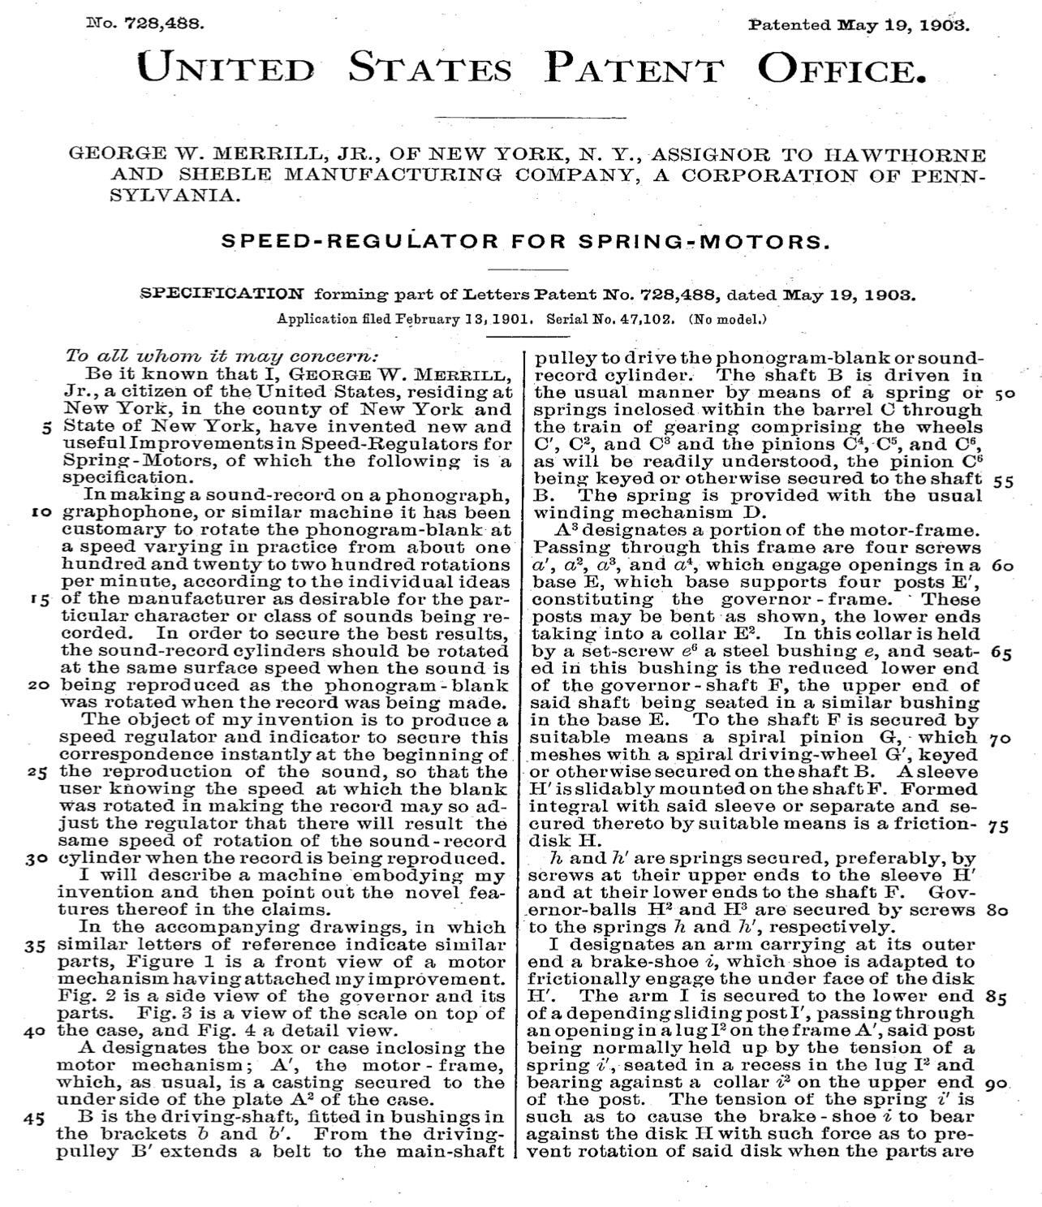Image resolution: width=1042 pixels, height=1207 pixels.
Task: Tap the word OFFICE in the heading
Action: click(x=841, y=67)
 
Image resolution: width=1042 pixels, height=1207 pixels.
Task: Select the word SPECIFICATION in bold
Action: click(x=223, y=293)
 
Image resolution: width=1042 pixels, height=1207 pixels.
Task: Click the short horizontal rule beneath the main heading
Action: click(x=496, y=119)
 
